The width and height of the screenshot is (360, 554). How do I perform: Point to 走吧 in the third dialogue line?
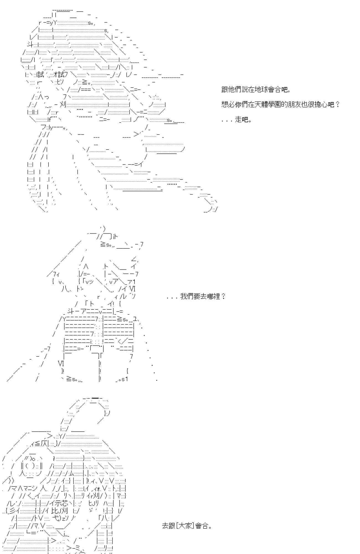pyautogui.click(x=241, y=120)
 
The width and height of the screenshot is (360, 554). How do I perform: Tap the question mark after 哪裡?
pyautogui.click(x=223, y=296)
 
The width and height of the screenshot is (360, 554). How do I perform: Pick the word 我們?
pyautogui.click(x=187, y=296)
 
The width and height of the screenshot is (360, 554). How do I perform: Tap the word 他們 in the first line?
pyautogui.click(x=235, y=89)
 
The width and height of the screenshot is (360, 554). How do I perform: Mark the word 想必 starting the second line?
pyautogui.click(x=228, y=105)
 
